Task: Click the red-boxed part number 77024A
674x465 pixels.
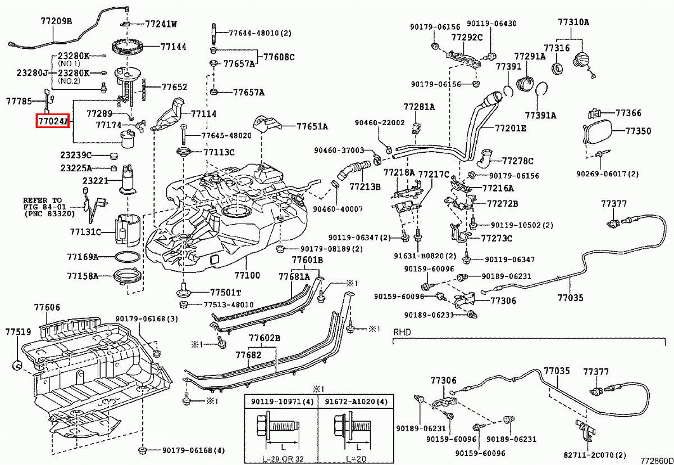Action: point(52,120)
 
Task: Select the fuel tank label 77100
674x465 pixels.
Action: point(247,276)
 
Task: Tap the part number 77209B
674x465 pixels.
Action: point(56,21)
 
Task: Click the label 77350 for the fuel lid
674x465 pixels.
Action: point(639,131)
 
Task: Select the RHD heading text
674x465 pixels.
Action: point(402,332)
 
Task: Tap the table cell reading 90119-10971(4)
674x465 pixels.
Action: point(283,402)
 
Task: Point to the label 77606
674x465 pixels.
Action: point(47,308)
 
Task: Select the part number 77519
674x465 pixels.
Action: point(18,332)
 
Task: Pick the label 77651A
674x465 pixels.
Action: point(312,126)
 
